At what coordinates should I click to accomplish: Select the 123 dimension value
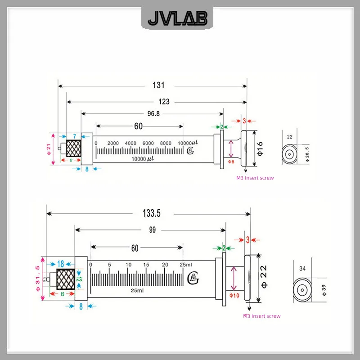164,102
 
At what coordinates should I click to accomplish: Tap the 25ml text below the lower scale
137,291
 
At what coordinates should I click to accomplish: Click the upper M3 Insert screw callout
255,178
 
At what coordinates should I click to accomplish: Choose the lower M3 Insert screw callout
261,316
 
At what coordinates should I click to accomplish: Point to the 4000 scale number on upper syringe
130,143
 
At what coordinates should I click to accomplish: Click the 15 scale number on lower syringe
147,265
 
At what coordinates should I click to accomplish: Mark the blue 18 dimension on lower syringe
61,264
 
